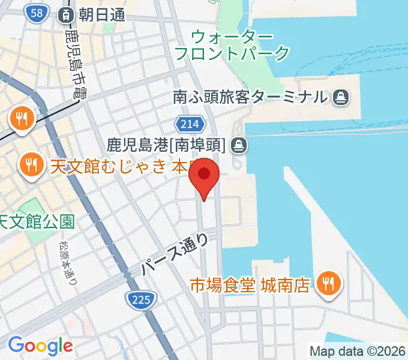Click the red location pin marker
click(x=204, y=175)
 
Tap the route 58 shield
click(x=37, y=13)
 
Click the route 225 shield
click(x=142, y=298)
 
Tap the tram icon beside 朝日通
click(x=64, y=14)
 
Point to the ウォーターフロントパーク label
click(x=232, y=44)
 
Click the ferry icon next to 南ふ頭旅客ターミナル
click(x=340, y=96)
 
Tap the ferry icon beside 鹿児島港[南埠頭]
click(x=238, y=144)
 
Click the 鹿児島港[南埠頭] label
click(x=166, y=144)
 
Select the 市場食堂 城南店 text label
click(x=250, y=284)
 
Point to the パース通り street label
click(x=176, y=254)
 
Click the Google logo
click(x=40, y=345)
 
